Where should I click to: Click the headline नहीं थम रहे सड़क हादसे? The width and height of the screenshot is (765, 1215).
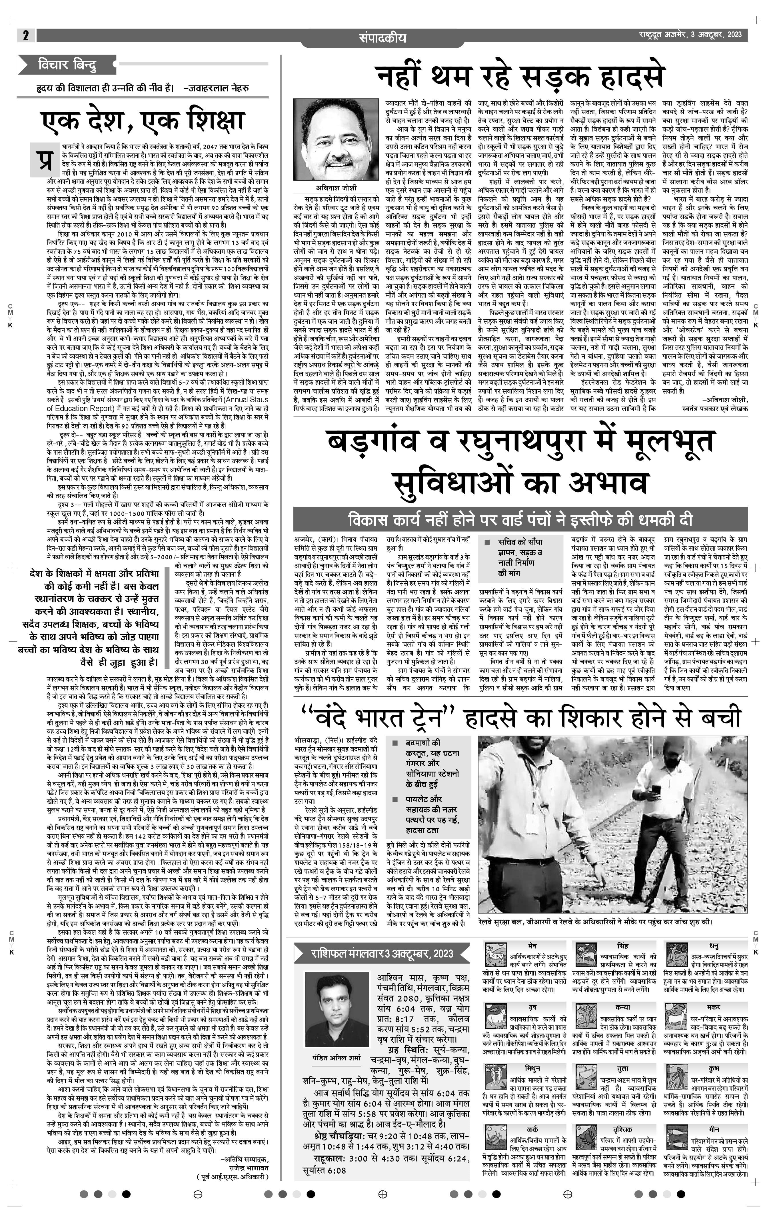click(520, 77)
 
